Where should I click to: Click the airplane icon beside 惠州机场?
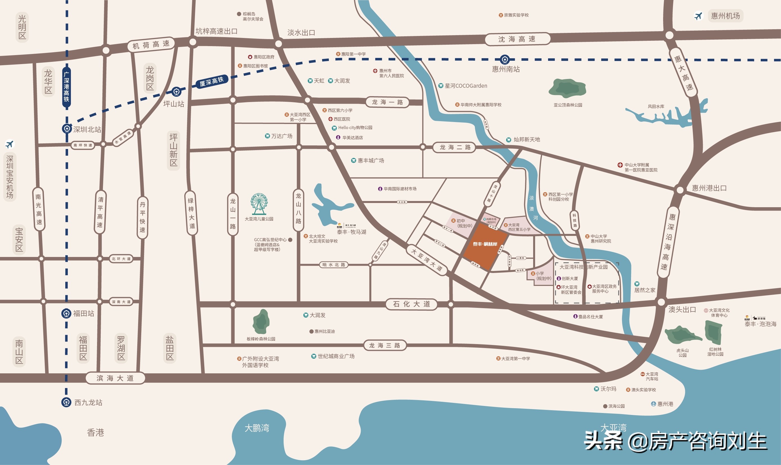698,16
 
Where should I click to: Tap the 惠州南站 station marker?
504,59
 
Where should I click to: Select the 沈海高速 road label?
517,39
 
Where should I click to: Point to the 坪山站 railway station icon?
176,92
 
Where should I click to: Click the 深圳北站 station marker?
66,129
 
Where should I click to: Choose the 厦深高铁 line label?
212,82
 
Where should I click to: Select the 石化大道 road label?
411,304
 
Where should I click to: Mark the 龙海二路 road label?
454,147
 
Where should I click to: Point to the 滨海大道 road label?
115,378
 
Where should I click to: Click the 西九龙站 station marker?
66,402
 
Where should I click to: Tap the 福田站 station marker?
66,313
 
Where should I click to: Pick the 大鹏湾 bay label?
257,428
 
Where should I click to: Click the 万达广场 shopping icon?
268,136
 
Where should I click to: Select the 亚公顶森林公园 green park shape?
567,88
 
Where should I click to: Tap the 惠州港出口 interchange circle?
680,190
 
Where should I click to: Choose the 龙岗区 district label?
150,78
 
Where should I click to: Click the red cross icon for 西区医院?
330,119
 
